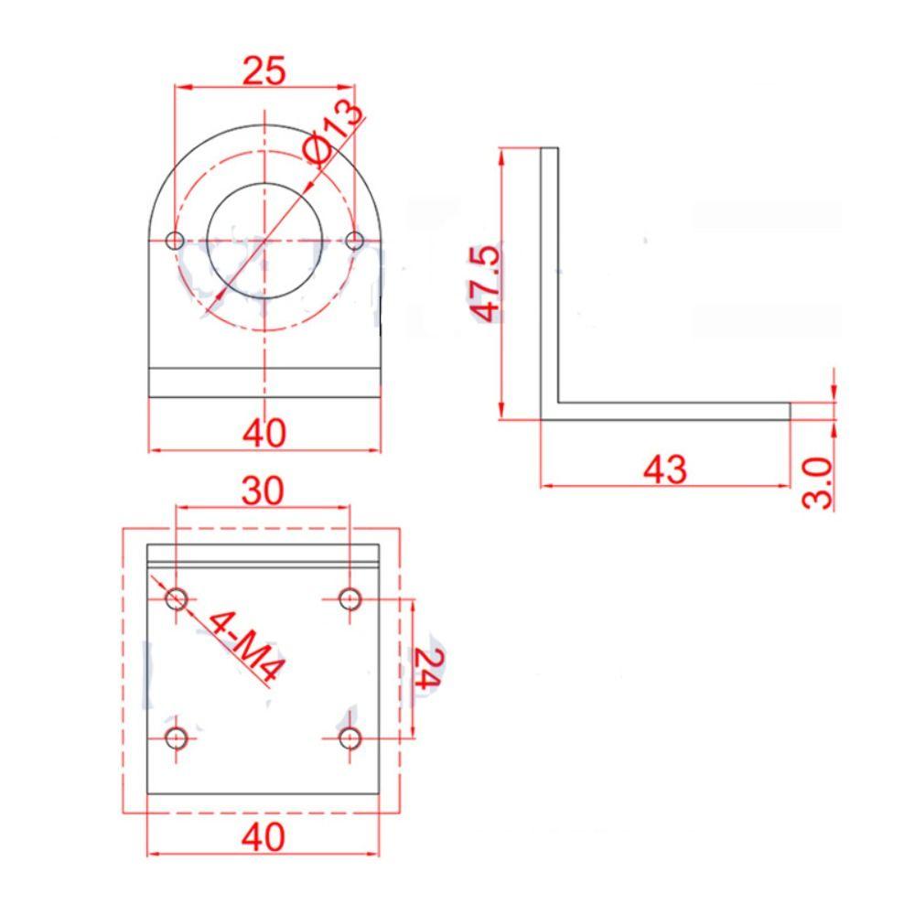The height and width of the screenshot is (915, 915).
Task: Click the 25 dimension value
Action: click(264, 70)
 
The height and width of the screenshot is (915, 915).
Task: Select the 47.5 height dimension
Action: click(486, 283)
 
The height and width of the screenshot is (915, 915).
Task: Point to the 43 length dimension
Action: click(664, 469)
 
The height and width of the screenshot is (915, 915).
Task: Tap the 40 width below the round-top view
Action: click(264, 433)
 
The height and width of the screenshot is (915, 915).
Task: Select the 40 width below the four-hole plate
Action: click(264, 835)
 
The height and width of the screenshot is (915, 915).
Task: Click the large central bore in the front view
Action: click(264, 241)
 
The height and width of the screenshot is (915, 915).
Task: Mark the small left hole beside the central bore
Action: click(175, 241)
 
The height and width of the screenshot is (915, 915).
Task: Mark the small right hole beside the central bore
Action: click(356, 241)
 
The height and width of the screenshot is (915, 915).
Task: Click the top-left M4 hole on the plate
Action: click(177, 599)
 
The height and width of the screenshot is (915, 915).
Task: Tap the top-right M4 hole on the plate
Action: click(350, 599)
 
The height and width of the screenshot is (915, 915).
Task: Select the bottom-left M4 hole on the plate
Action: click(177, 737)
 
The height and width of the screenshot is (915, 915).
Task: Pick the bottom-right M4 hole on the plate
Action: click(350, 737)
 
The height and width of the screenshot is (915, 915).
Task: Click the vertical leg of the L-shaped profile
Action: click(549, 274)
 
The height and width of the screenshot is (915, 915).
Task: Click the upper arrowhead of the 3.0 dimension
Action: click(834, 393)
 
